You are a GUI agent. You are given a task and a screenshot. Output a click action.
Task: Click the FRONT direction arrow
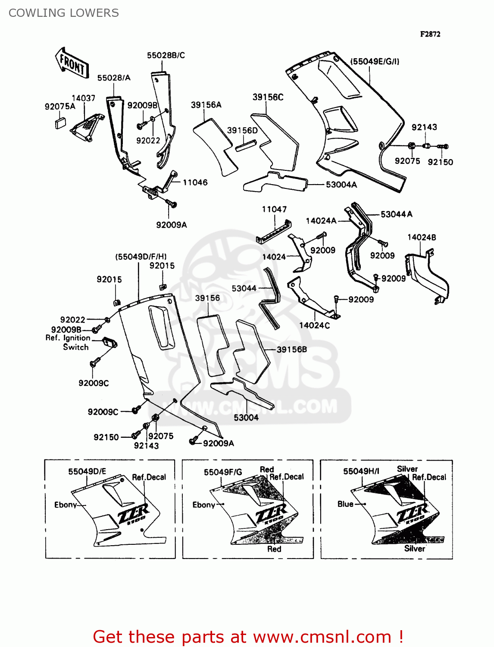point(72,64)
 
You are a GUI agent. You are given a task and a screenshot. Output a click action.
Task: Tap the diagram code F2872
point(430,34)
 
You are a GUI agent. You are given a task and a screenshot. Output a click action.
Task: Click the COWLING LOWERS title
point(64,13)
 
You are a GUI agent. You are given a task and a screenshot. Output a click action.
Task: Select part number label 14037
point(83,98)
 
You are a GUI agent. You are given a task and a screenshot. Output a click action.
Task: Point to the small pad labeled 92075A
point(60,123)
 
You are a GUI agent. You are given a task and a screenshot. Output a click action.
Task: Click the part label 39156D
point(242,130)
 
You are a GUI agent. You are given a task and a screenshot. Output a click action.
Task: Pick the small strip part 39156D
point(246,144)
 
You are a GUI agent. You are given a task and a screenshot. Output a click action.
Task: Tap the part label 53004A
point(341,185)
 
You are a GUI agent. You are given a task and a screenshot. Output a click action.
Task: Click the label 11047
point(274,209)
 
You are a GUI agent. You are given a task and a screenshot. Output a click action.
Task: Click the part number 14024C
point(314,325)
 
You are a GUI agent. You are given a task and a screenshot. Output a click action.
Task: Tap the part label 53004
point(246,418)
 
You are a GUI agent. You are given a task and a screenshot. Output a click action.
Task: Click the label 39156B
point(292,349)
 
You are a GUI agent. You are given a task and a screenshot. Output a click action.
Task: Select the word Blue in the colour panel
point(345,504)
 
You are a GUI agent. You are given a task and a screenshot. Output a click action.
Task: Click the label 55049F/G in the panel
point(223,472)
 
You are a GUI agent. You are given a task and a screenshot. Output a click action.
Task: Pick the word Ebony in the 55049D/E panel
point(66,505)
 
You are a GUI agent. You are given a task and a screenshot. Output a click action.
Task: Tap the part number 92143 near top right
point(424,127)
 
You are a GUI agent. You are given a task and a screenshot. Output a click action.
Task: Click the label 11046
point(195,182)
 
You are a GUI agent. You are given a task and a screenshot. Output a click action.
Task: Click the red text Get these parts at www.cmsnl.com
point(248,637)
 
